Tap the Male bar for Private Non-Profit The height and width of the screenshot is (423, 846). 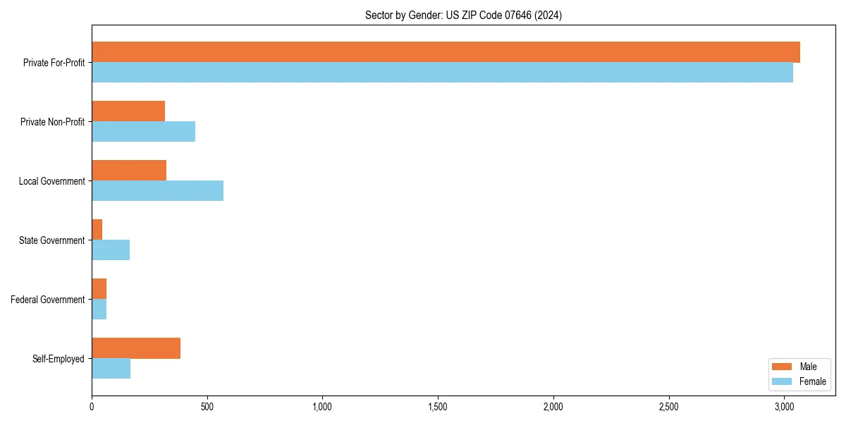[128, 111]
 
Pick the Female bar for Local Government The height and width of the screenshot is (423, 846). [157, 190]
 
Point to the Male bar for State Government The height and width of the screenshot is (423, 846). [97, 230]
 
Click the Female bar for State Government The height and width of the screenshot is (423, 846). [111, 250]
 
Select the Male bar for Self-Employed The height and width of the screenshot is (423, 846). [136, 348]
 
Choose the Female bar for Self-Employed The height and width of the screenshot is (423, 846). [111, 369]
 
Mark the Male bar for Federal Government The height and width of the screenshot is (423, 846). [99, 289]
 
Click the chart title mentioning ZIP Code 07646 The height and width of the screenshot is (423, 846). [463, 15]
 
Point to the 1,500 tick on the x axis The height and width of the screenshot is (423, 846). [438, 407]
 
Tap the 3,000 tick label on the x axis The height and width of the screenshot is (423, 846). [784, 407]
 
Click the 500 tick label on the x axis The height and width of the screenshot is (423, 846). [207, 407]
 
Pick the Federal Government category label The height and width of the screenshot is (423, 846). [48, 300]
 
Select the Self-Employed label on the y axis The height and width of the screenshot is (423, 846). [59, 359]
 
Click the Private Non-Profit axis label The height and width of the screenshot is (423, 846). [52, 122]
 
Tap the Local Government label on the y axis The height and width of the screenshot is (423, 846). [52, 181]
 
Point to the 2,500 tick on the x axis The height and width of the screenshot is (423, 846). [668, 407]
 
